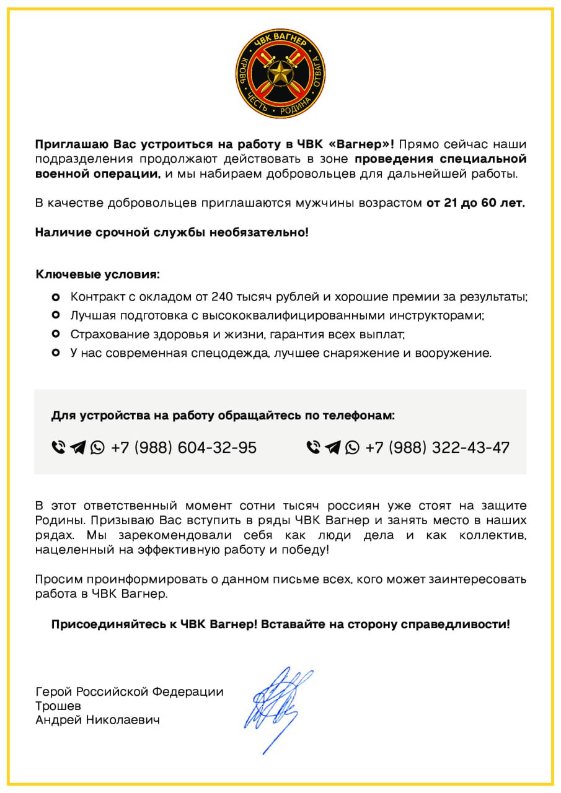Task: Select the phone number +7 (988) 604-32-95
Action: tap(183, 447)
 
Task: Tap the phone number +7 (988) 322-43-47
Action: tap(438, 447)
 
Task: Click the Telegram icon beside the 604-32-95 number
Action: tap(77, 447)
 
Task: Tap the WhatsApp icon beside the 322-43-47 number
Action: tap(352, 447)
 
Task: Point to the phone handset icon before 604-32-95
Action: tap(58, 447)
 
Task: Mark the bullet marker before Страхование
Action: tap(56, 335)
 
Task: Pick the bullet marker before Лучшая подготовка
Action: tap(56, 315)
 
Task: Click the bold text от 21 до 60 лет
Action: tap(475, 203)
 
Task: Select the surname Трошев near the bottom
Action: tap(58, 706)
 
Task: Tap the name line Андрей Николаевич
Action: tap(97, 720)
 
